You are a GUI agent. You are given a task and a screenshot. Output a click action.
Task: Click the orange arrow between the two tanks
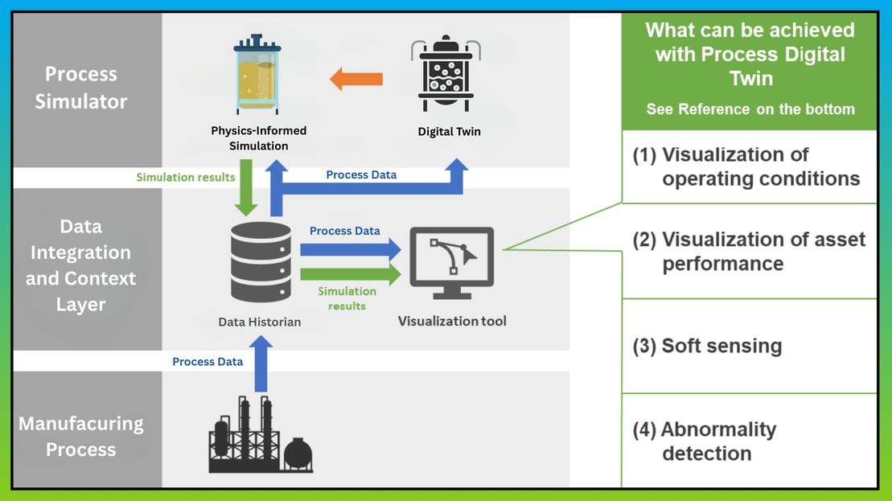[x=356, y=79]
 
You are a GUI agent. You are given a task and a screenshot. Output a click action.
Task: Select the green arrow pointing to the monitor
[x=351, y=274]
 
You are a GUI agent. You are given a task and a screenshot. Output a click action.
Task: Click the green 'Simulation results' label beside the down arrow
[x=186, y=177]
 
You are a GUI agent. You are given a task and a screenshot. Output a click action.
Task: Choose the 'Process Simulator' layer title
[x=80, y=88]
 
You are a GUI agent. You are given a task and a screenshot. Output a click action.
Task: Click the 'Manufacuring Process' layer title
[x=80, y=436]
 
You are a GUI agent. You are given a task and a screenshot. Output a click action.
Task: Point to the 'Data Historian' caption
[x=259, y=322]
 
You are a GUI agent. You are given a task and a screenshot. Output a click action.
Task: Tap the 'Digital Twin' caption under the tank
[x=449, y=131]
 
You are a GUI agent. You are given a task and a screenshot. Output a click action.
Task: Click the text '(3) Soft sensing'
[x=707, y=346]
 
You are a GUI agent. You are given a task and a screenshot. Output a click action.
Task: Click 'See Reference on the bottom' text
[x=750, y=109]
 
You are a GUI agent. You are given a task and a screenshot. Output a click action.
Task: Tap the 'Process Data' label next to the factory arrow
[x=208, y=362]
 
